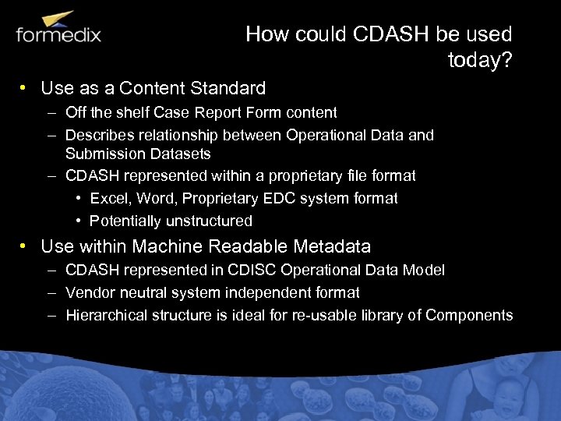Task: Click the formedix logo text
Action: click(x=58, y=34)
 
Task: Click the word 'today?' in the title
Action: click(x=480, y=60)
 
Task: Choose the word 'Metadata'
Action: click(x=332, y=247)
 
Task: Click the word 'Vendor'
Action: click(x=88, y=292)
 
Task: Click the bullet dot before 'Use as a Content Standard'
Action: click(x=25, y=88)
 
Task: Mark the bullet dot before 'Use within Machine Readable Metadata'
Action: click(x=25, y=247)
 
